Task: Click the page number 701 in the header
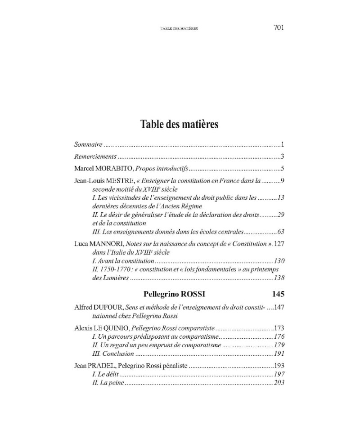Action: coord(279,27)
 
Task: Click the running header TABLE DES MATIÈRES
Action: coord(180,28)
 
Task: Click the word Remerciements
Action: coord(95,157)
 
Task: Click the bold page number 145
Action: coord(279,295)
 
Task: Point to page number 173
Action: coord(279,328)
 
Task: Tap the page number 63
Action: coord(281,232)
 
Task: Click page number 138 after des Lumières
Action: coord(279,278)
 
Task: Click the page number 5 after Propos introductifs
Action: coord(283,169)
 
